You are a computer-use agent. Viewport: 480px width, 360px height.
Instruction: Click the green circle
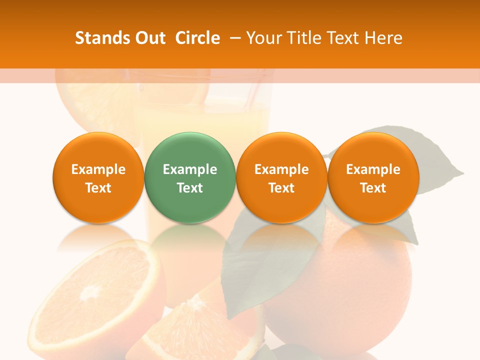point(190,177)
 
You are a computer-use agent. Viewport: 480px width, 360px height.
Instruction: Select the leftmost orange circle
point(98,177)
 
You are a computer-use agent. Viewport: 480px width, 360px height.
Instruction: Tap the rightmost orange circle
point(373,177)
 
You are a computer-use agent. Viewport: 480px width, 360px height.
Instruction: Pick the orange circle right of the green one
point(281,177)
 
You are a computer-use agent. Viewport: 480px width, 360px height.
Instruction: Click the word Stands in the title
point(96,38)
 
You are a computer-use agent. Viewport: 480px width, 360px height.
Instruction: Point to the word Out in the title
point(150,38)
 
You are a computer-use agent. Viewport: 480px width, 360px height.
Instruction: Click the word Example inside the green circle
point(190,169)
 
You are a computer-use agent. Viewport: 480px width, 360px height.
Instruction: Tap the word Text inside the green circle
point(190,188)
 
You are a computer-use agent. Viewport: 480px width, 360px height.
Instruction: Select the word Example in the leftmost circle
point(98,169)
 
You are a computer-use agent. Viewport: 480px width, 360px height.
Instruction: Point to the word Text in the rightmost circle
point(373,188)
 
